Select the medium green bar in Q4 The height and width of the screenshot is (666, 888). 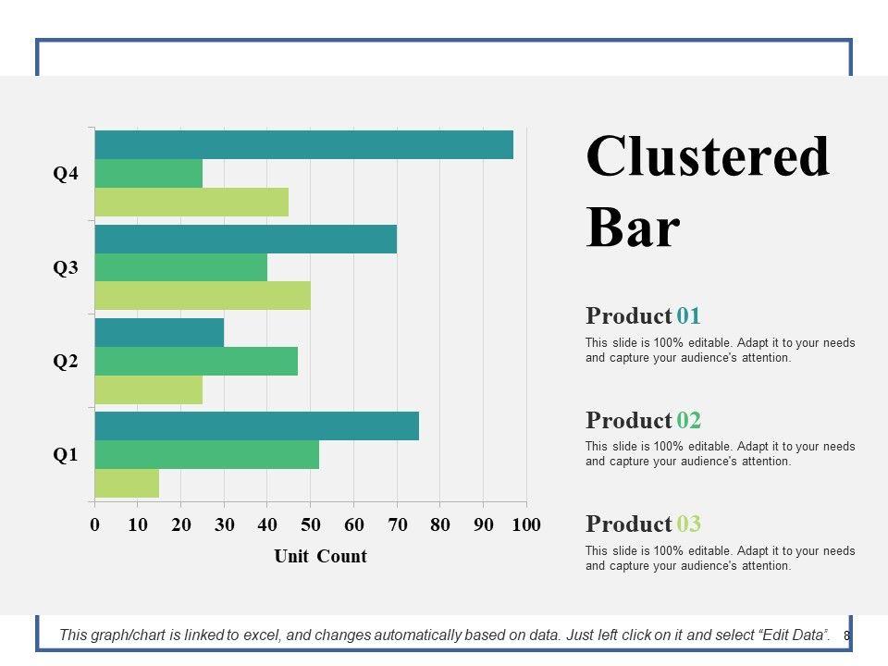click(x=148, y=173)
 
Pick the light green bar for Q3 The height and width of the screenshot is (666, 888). click(x=203, y=295)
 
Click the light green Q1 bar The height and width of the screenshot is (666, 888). click(x=127, y=483)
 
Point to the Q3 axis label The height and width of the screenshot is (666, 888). click(x=66, y=268)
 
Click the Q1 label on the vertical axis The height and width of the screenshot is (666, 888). click(x=66, y=455)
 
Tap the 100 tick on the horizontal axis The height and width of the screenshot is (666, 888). click(x=525, y=525)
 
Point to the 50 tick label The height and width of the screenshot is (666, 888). click(x=310, y=525)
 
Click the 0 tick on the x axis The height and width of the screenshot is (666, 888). click(x=94, y=525)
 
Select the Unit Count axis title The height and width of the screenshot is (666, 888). click(x=320, y=556)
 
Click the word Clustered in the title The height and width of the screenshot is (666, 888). click(x=708, y=156)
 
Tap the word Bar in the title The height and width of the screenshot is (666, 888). click(x=633, y=228)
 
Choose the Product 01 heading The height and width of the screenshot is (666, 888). click(x=643, y=315)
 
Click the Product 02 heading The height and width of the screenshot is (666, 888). click(x=643, y=420)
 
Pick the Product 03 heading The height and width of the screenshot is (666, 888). click(x=643, y=524)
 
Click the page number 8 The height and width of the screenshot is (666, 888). click(x=846, y=635)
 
